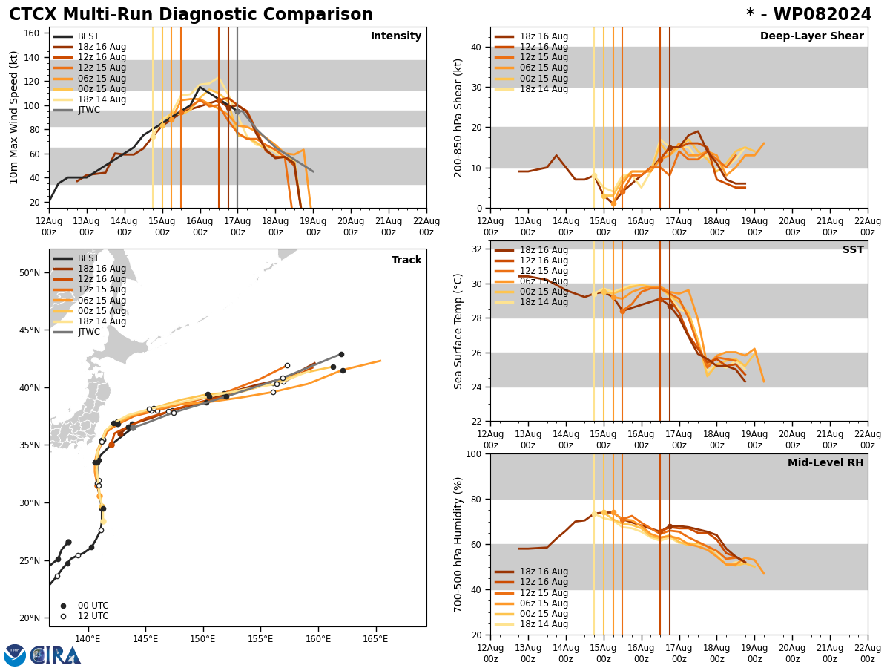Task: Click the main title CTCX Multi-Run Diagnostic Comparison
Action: coord(191,15)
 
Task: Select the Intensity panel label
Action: coord(396,36)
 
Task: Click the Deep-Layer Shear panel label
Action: coord(811,36)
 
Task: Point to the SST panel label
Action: coord(852,250)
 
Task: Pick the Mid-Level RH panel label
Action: coord(825,463)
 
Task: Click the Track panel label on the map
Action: coord(406,261)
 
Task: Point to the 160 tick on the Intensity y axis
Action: coord(33,33)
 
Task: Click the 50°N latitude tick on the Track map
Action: coord(29,272)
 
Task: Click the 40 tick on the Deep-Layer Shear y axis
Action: coord(475,47)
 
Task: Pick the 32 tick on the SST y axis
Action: coord(475,249)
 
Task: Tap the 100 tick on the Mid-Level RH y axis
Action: coord(472,453)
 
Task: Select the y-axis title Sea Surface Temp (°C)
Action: coord(458,331)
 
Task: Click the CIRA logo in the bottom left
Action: coord(42,655)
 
